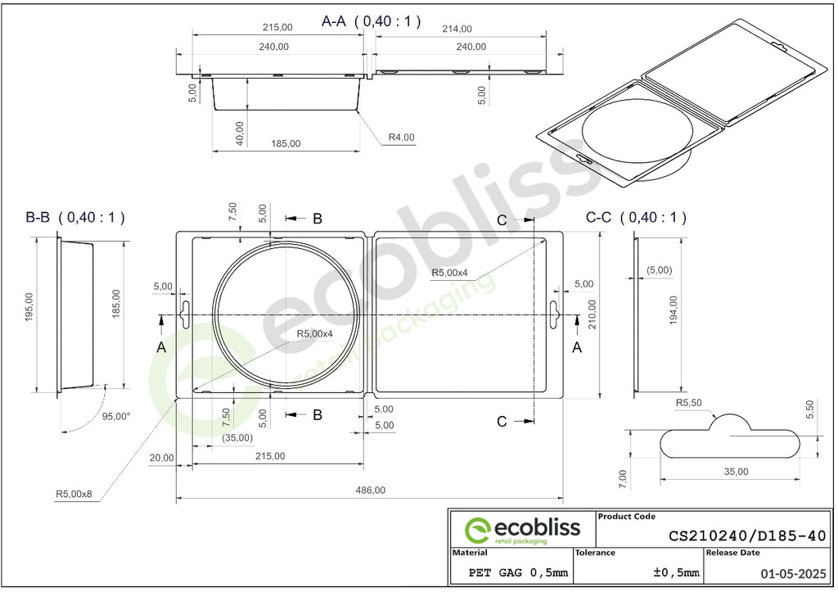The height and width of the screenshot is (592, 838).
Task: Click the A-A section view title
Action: (371, 21)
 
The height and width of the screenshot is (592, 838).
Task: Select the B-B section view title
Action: (75, 218)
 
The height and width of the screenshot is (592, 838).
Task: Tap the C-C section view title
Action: (636, 218)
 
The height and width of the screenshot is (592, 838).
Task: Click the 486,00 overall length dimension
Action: (370, 490)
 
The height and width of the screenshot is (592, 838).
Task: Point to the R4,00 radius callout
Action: (401, 138)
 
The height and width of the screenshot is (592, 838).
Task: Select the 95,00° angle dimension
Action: (116, 417)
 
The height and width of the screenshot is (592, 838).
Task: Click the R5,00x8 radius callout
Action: (74, 494)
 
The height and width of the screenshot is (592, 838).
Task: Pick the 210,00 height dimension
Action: (592, 314)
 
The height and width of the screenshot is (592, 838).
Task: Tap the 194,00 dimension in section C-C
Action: (673, 310)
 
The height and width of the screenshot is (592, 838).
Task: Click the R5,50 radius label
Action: (689, 403)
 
